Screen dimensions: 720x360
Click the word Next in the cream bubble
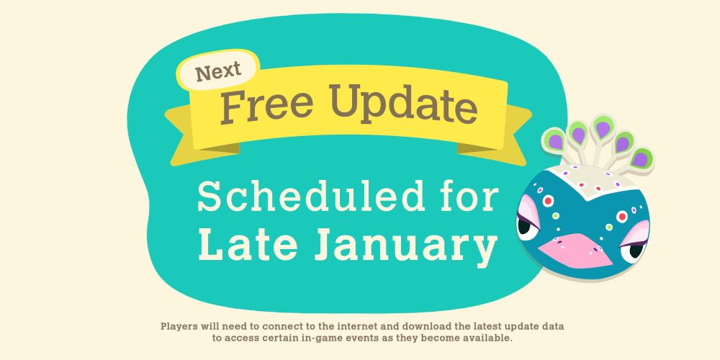[218, 71]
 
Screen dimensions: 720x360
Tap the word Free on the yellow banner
[267, 104]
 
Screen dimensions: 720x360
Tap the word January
[405, 247]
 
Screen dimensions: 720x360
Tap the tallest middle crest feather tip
[603, 127]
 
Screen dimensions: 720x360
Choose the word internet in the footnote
[357, 326]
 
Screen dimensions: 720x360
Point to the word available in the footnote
[488, 338]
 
